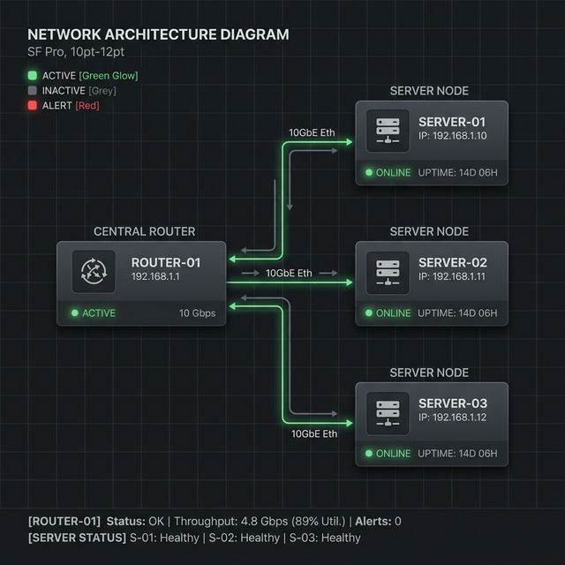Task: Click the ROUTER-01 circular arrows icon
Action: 92,271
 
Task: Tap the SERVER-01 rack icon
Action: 388,131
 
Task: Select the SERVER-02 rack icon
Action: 388,272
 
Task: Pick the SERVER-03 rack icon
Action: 388,412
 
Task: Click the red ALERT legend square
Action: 34,106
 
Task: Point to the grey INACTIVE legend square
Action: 34,91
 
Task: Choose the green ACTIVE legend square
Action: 34,76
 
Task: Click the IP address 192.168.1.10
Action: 453,137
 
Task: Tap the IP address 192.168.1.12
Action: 453,418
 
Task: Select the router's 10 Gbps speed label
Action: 197,313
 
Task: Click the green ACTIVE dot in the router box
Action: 75,313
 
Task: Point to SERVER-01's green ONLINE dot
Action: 368,172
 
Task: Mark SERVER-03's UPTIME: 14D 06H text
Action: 457,454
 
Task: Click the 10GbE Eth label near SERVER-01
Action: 313,132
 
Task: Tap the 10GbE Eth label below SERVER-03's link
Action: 314,433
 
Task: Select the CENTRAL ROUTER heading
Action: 144,231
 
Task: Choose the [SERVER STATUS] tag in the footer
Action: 77,538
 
